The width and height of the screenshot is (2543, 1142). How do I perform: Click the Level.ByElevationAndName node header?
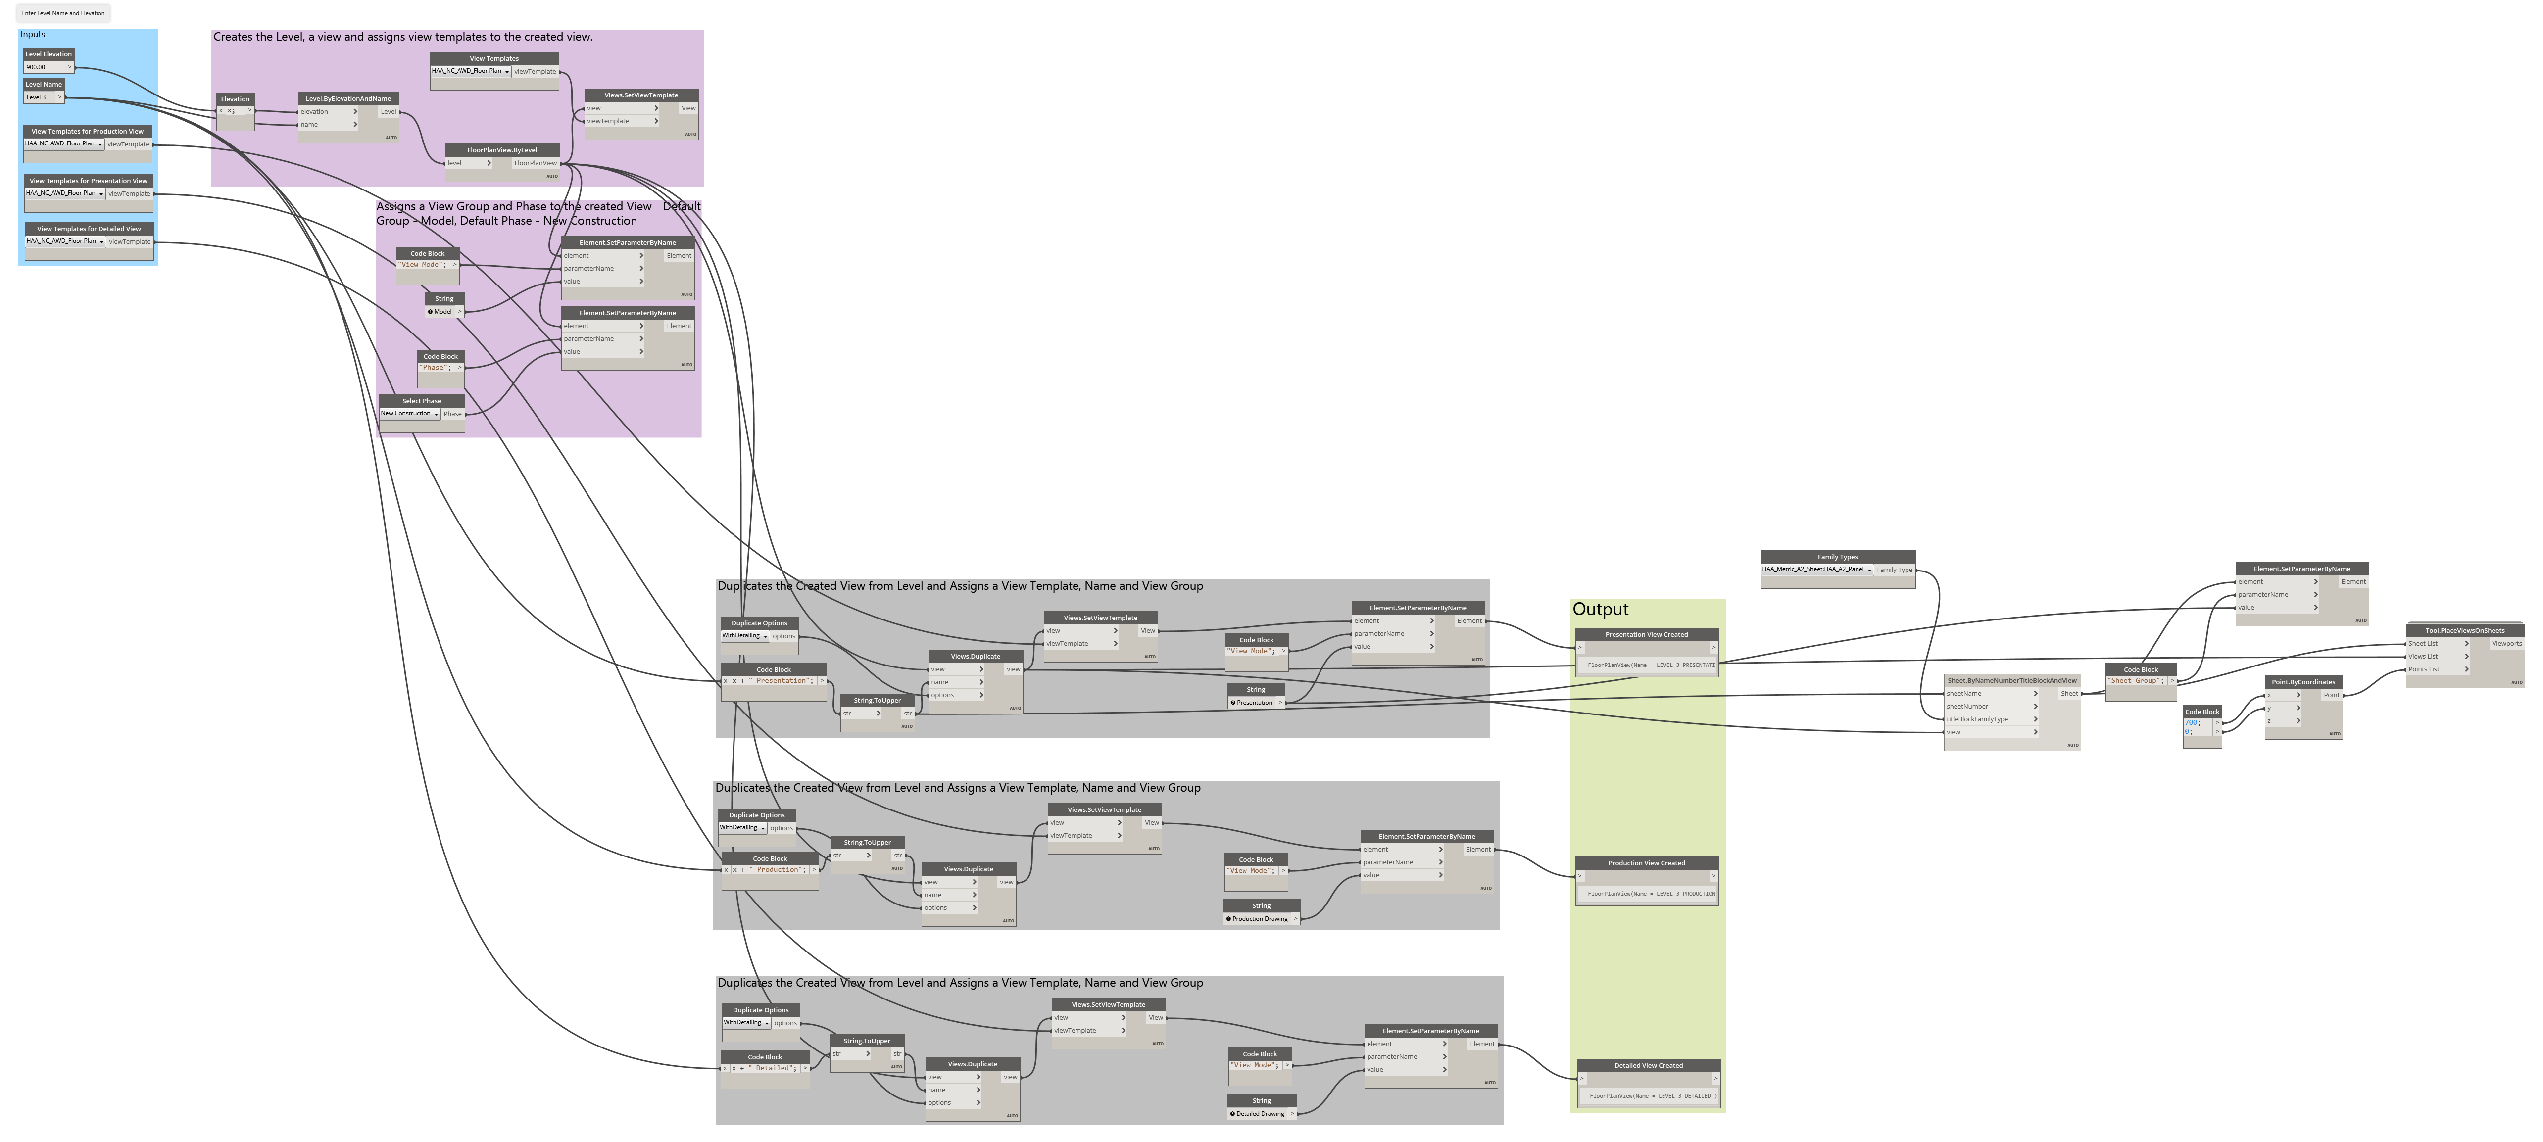tap(348, 98)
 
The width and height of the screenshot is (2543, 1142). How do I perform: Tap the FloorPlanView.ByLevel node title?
tap(502, 150)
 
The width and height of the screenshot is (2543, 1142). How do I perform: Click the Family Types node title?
tap(1837, 557)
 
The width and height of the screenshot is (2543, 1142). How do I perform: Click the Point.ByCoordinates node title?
tap(2303, 682)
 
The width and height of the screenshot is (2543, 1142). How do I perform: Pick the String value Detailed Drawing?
tap(1260, 1113)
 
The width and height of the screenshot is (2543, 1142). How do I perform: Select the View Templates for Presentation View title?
tap(88, 181)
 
